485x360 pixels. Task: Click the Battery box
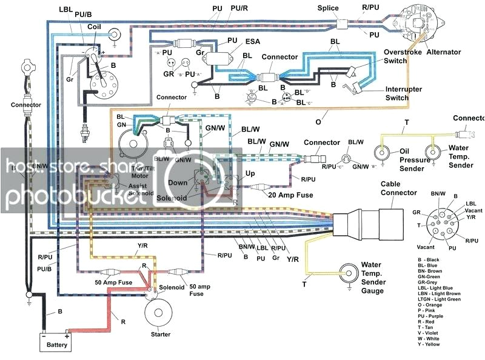tap(55, 342)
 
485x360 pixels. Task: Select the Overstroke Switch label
tap(404, 57)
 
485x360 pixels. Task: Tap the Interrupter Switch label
tap(405, 93)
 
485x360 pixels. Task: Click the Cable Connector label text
tap(398, 188)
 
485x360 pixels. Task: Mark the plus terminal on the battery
tap(66, 335)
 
